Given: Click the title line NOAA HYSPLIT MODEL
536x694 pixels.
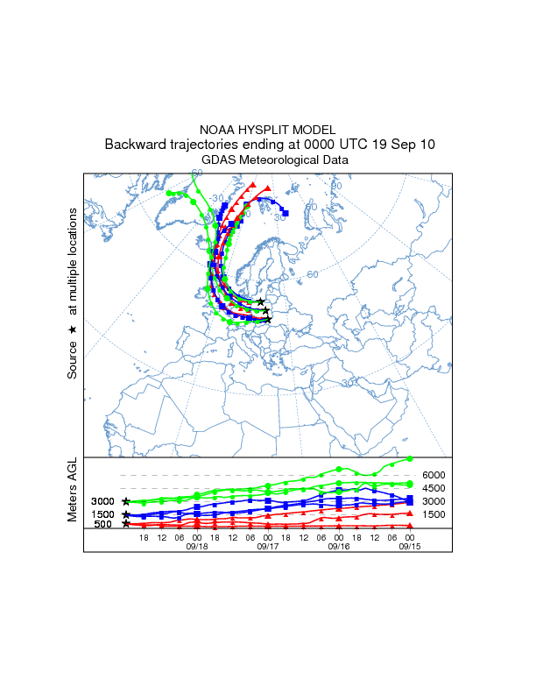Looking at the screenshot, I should coord(268,129).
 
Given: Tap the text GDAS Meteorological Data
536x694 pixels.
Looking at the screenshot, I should coord(268,160).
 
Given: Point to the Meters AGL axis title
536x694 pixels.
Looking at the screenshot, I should coord(73,489).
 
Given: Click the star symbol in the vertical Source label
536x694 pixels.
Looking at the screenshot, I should coord(73,329).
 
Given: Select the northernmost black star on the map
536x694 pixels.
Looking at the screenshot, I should coord(261,302).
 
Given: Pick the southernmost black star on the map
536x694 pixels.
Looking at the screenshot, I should coord(268,320).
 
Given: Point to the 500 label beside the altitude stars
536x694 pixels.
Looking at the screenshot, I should coord(102,524).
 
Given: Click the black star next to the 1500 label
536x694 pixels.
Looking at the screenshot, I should coord(126,514).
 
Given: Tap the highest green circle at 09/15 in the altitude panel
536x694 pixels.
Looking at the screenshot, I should coord(410,458).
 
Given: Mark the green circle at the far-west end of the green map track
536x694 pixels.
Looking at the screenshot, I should coord(169,193).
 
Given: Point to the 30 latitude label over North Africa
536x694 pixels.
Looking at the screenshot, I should coord(347,383).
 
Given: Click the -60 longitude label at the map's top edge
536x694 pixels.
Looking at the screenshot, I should coord(196,173).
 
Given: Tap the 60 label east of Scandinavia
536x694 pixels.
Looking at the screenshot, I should coord(312,275).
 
